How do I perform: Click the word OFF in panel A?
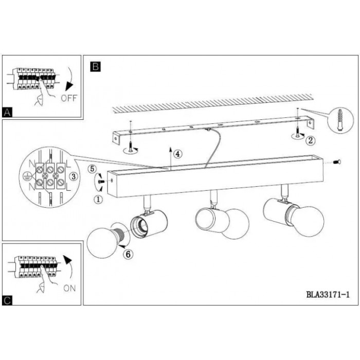click(69, 98)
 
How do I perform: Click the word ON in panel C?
click(69, 288)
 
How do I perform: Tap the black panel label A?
click(7, 113)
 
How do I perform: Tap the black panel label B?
click(96, 66)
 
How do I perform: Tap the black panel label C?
click(7, 300)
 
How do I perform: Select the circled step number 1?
click(98, 200)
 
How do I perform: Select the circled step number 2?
click(311, 140)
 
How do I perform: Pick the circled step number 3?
click(74, 176)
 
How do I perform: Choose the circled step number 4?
click(178, 154)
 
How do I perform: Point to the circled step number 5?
click(92, 169)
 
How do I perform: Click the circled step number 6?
click(128, 254)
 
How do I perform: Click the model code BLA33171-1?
click(328, 294)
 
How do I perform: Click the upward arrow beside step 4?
click(170, 158)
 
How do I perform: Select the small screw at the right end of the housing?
click(337, 163)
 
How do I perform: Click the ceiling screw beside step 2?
click(297, 132)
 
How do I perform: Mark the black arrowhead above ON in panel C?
click(67, 260)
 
